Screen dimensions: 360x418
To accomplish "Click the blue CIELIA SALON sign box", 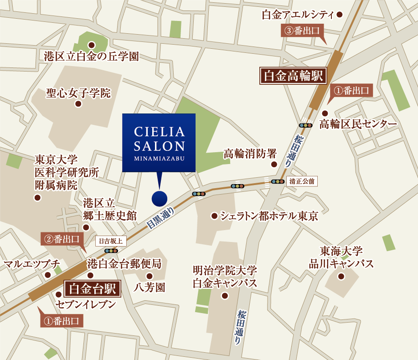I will [x=159, y=143].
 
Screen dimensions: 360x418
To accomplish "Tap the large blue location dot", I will [x=159, y=198].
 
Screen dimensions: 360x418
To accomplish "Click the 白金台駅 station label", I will [x=93, y=288].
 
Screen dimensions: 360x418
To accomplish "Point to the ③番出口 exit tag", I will [x=301, y=31].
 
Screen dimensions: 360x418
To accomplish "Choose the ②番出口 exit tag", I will [x=62, y=238].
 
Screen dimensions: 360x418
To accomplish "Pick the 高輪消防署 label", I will [x=250, y=154].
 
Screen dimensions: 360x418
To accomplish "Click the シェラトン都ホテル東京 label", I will [x=268, y=216].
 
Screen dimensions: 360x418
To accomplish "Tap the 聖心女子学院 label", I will [x=78, y=93].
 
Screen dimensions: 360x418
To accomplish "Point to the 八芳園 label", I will [x=149, y=287].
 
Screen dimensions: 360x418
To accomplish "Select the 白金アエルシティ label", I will [x=298, y=15].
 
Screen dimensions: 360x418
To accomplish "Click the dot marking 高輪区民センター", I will [x=325, y=113].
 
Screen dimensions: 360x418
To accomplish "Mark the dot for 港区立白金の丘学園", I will [x=91, y=45].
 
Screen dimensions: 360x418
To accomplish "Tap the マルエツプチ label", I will [x=31, y=264].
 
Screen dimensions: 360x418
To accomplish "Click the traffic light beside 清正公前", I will [x=278, y=181].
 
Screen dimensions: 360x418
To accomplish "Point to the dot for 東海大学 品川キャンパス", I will [x=341, y=276].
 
